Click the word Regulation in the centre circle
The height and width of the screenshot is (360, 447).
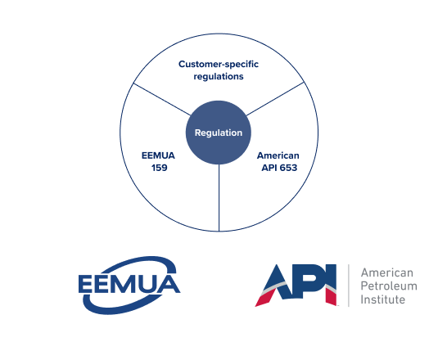[x=219, y=133]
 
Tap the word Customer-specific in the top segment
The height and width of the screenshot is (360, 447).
[x=219, y=65]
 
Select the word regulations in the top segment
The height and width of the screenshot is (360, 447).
[x=219, y=77]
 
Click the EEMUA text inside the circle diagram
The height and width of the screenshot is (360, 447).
[x=158, y=155]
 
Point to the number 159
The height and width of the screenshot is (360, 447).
[x=159, y=168]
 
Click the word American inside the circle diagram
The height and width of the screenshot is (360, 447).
[x=278, y=155]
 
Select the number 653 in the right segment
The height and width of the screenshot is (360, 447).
[x=288, y=168]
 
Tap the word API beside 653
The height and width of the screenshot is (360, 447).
[x=269, y=168]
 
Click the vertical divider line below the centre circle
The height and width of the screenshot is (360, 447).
[x=219, y=198]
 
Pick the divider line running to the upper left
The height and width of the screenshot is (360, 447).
[x=162, y=99]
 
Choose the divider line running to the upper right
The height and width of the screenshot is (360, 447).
[x=275, y=99]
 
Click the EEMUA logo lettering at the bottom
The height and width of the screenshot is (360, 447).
[x=129, y=284]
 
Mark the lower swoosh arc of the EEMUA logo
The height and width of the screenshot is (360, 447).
[x=114, y=310]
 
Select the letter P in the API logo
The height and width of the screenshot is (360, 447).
[x=311, y=281]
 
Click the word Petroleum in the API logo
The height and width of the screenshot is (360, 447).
[x=389, y=286]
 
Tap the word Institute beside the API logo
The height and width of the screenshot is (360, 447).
[x=382, y=299]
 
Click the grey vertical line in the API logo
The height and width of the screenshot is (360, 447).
[x=349, y=286]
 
